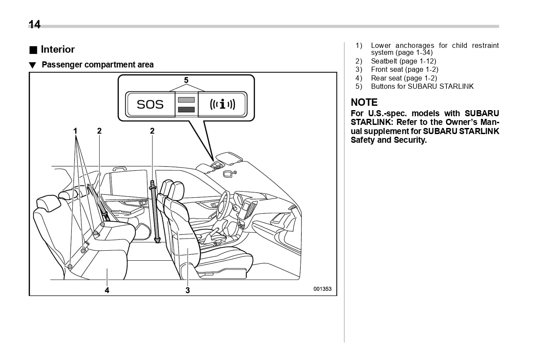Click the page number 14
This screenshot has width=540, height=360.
[34, 24]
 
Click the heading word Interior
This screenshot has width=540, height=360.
[57, 49]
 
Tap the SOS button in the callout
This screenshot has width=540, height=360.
[150, 104]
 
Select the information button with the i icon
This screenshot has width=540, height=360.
[222, 104]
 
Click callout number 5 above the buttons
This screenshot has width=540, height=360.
[186, 80]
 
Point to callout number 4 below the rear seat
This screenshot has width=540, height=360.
[107, 290]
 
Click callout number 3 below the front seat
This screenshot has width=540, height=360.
[188, 290]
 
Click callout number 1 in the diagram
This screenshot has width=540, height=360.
[75, 131]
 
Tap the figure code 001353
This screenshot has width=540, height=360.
[322, 289]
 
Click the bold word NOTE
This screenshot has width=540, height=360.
[364, 102]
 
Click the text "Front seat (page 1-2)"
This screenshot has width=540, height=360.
[404, 70]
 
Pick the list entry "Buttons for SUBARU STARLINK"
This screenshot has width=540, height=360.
[422, 86]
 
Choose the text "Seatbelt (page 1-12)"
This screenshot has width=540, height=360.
[403, 61]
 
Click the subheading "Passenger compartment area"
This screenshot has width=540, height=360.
[97, 65]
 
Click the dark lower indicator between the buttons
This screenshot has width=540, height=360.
[186, 110]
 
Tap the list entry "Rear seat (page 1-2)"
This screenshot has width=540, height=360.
[404, 78]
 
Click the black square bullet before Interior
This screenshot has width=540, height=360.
[33, 50]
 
